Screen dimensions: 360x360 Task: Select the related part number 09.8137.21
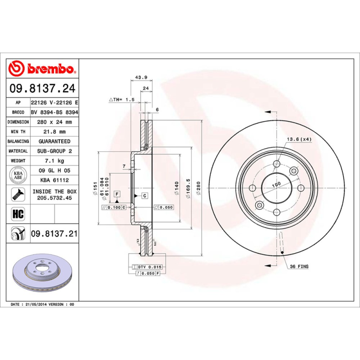click(54, 234)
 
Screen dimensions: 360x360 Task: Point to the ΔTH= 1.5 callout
click(121, 99)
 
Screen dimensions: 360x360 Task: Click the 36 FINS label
click(299, 266)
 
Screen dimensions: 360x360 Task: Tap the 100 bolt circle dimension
click(276, 184)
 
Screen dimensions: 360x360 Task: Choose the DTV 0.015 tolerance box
click(148, 267)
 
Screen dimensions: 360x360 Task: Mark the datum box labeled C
click(145, 195)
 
